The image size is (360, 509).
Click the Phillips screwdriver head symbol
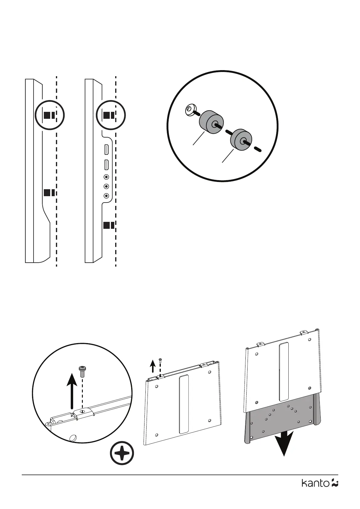pyautogui.click(x=122, y=454)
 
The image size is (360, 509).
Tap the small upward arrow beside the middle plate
pyautogui.click(x=153, y=365)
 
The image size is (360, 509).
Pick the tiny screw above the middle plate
pyautogui.click(x=160, y=360)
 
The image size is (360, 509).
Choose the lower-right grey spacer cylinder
pyautogui.click(x=241, y=140)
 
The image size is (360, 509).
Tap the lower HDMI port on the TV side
pyautogui.click(x=106, y=165)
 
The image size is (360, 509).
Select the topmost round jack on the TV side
pyautogui.click(x=106, y=177)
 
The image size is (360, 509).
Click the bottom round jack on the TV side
pyautogui.click(x=106, y=196)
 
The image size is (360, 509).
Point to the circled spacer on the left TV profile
pyautogui.click(x=49, y=115)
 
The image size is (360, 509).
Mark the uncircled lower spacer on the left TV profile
pyautogui.click(x=49, y=193)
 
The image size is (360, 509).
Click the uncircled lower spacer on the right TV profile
pyautogui.click(x=109, y=225)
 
